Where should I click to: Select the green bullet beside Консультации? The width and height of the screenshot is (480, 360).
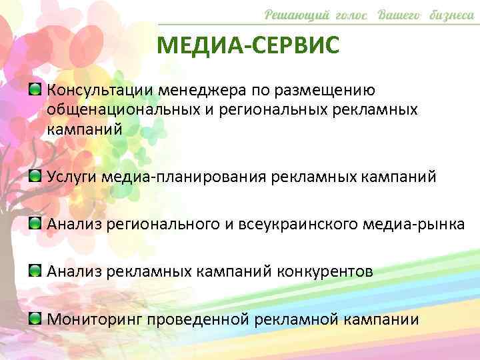(36, 89)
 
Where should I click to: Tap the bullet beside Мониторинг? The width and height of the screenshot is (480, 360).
(36, 317)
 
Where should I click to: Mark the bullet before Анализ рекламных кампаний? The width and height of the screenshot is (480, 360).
(36, 269)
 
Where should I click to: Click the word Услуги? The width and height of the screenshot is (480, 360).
(69, 177)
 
